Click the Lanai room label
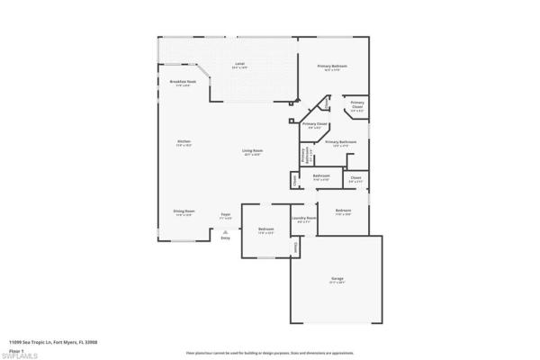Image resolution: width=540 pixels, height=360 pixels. pyautogui.click(x=240, y=64)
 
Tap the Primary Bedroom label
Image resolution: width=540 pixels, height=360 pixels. pyautogui.click(x=332, y=67)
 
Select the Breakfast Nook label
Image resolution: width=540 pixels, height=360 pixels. pyautogui.click(x=183, y=82)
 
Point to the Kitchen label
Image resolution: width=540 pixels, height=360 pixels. pyautogui.click(x=184, y=142)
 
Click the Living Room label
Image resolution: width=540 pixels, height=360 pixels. pyautogui.click(x=251, y=150)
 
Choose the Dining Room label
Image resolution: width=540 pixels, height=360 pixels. pyautogui.click(x=184, y=211)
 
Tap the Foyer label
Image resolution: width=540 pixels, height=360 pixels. pyautogui.click(x=226, y=214)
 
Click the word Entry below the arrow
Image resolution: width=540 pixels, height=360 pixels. pyautogui.click(x=225, y=237)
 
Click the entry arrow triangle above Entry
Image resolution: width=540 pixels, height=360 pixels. pyautogui.click(x=225, y=230)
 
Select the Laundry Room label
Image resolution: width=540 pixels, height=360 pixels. pyautogui.click(x=303, y=219)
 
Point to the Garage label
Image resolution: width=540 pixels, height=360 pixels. pyautogui.click(x=337, y=280)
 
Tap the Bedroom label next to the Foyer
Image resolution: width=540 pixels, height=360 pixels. pyautogui.click(x=266, y=229)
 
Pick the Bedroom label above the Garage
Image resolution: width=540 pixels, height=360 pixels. pyautogui.click(x=343, y=211)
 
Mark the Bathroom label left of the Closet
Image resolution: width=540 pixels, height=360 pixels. pyautogui.click(x=321, y=175)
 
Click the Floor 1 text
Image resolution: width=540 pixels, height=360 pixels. pyautogui.click(x=15, y=347)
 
